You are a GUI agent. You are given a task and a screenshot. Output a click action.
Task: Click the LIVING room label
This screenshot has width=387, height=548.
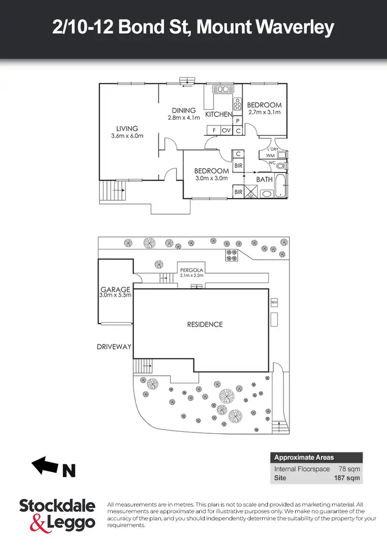(x=127, y=129)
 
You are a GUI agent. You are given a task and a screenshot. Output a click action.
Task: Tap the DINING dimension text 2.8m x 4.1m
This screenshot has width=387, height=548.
(x=184, y=118)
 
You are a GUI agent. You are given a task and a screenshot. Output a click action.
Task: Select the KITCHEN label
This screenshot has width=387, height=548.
(x=219, y=114)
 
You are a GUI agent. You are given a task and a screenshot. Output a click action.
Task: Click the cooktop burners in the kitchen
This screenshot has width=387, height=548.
(x=237, y=105)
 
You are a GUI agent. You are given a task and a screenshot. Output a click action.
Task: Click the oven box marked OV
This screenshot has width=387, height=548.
(x=226, y=131)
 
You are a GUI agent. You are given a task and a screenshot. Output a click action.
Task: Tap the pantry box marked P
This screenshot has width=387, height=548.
(x=237, y=121)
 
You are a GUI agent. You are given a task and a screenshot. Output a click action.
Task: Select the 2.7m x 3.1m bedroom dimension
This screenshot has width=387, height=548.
(x=265, y=112)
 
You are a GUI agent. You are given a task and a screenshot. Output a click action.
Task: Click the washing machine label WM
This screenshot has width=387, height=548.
(x=270, y=155)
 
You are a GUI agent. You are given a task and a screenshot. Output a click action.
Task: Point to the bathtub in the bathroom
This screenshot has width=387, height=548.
(x=280, y=185)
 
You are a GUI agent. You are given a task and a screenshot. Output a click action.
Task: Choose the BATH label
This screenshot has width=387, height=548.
(x=265, y=179)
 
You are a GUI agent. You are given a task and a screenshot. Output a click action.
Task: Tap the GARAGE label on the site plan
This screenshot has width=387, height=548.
(x=115, y=289)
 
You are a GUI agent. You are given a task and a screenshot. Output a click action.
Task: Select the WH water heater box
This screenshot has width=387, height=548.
(x=274, y=301)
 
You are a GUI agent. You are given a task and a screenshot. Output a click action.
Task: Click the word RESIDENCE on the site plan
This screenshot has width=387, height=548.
(x=205, y=324)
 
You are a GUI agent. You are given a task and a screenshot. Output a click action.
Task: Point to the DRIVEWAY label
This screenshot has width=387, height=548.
(x=115, y=347)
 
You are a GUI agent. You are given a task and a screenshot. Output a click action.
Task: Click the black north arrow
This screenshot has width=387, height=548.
(x=45, y=465)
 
